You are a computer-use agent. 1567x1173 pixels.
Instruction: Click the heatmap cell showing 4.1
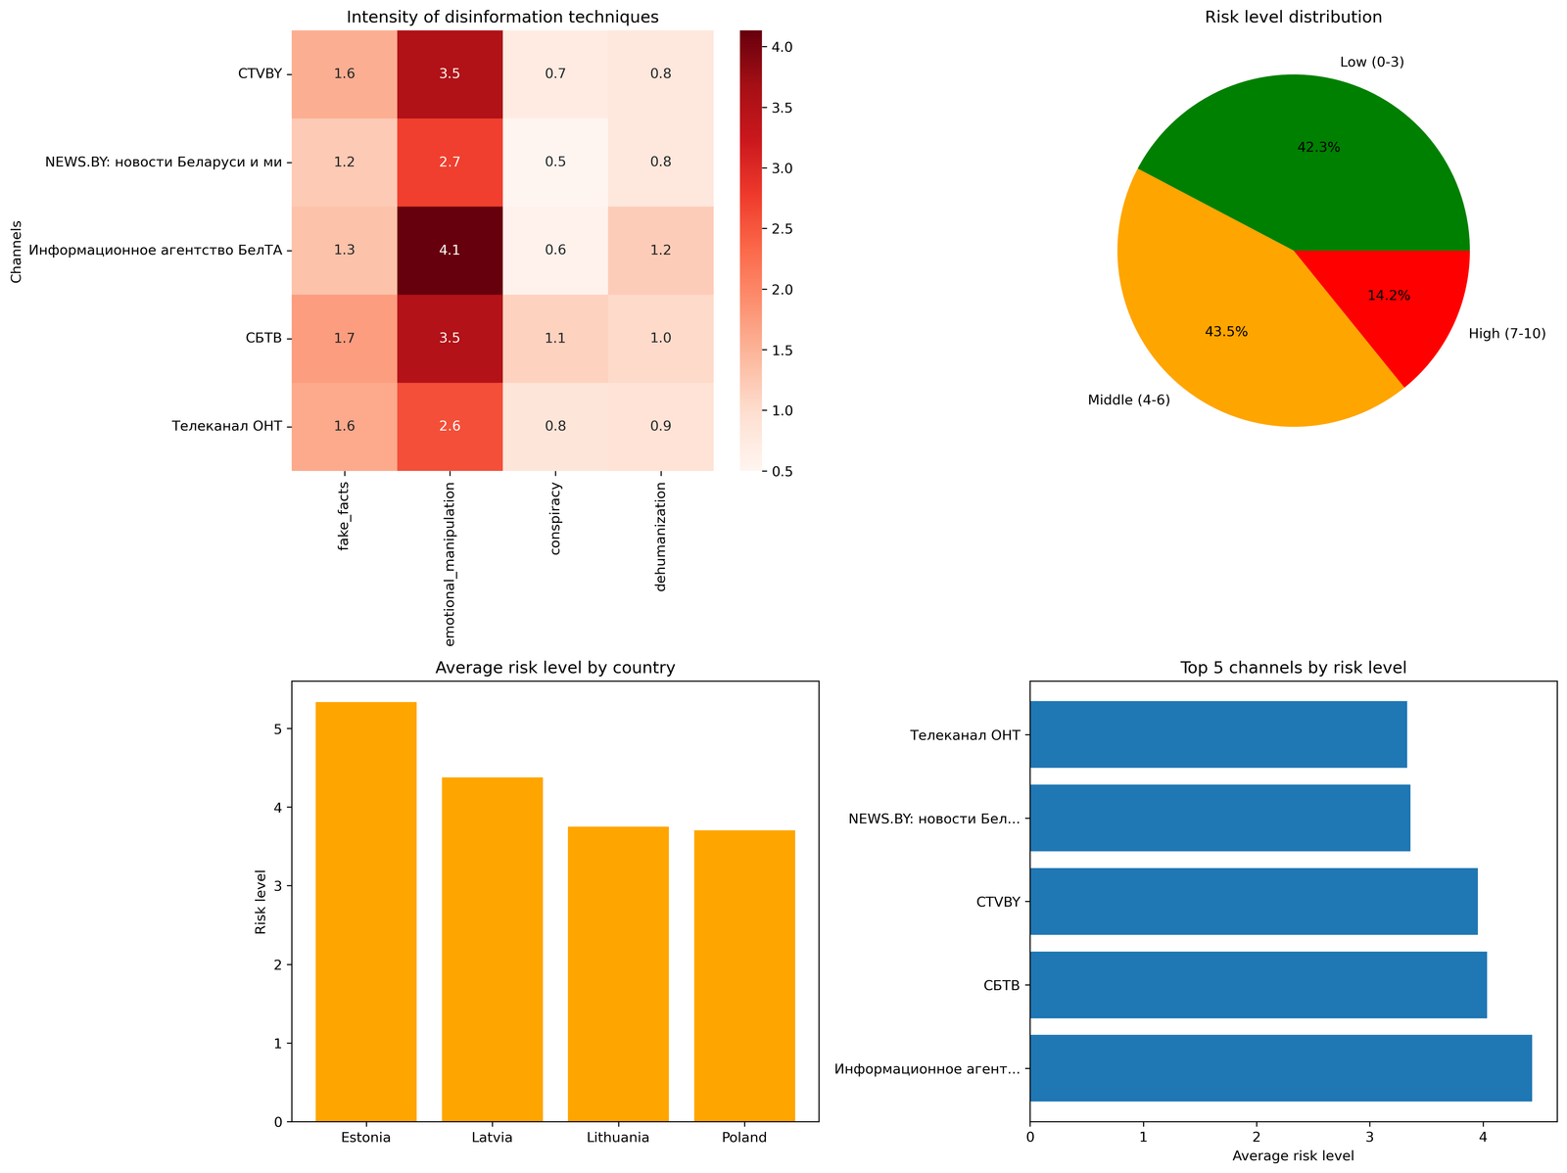(450, 251)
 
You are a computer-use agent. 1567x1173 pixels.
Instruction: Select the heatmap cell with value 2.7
(450, 163)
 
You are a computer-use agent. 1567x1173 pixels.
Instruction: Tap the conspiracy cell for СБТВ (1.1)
(555, 339)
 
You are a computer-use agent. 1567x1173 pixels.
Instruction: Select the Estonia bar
(365, 912)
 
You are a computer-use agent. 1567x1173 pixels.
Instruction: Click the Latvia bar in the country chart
(492, 949)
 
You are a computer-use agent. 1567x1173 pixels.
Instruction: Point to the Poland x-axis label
(744, 1138)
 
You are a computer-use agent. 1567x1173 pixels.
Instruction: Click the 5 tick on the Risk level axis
(277, 729)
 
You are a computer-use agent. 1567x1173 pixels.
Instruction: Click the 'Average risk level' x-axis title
(1293, 1156)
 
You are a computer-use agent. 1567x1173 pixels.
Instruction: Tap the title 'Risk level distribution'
(1293, 17)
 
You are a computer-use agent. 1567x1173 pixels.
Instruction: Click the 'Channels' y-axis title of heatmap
(17, 251)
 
